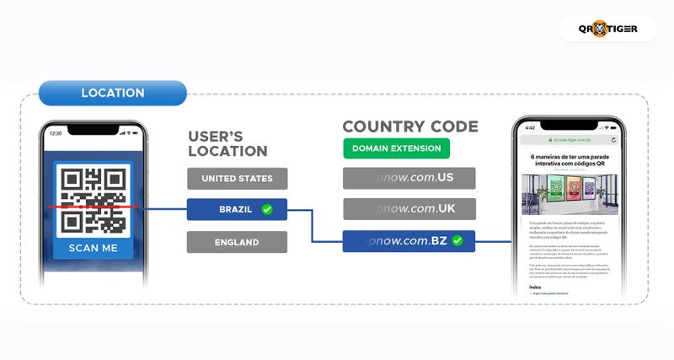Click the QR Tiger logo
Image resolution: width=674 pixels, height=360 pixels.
(x=607, y=29)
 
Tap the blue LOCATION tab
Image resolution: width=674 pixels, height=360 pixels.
(x=112, y=93)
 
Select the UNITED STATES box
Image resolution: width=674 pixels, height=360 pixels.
(x=237, y=179)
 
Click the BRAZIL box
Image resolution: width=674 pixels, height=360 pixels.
(x=237, y=209)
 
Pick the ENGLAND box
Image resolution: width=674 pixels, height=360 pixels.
(x=237, y=242)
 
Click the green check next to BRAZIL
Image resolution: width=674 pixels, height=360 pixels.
(x=267, y=209)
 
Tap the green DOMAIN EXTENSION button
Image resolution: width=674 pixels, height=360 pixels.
(x=396, y=148)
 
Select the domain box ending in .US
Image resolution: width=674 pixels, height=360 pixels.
(x=409, y=179)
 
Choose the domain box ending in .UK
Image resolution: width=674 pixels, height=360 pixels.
(x=409, y=209)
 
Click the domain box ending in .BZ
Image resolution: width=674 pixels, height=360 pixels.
(x=409, y=241)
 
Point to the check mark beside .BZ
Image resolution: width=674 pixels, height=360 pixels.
(x=457, y=241)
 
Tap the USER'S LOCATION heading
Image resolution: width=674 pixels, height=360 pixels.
(x=227, y=143)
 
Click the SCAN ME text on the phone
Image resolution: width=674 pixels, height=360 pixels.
(x=93, y=248)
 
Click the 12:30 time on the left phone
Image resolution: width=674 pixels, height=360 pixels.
(x=56, y=133)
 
